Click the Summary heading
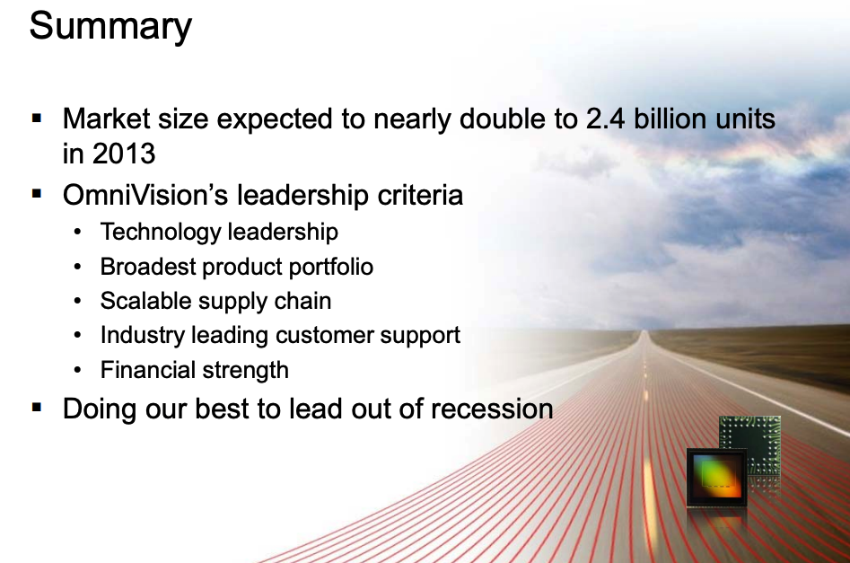[x=110, y=26]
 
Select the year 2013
[x=124, y=154]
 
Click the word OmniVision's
[x=145, y=195]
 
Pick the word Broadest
[x=148, y=267]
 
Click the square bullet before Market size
[x=37, y=119]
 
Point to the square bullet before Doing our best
[x=37, y=408]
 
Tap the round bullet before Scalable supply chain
[x=77, y=301]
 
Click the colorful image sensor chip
[x=716, y=478]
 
